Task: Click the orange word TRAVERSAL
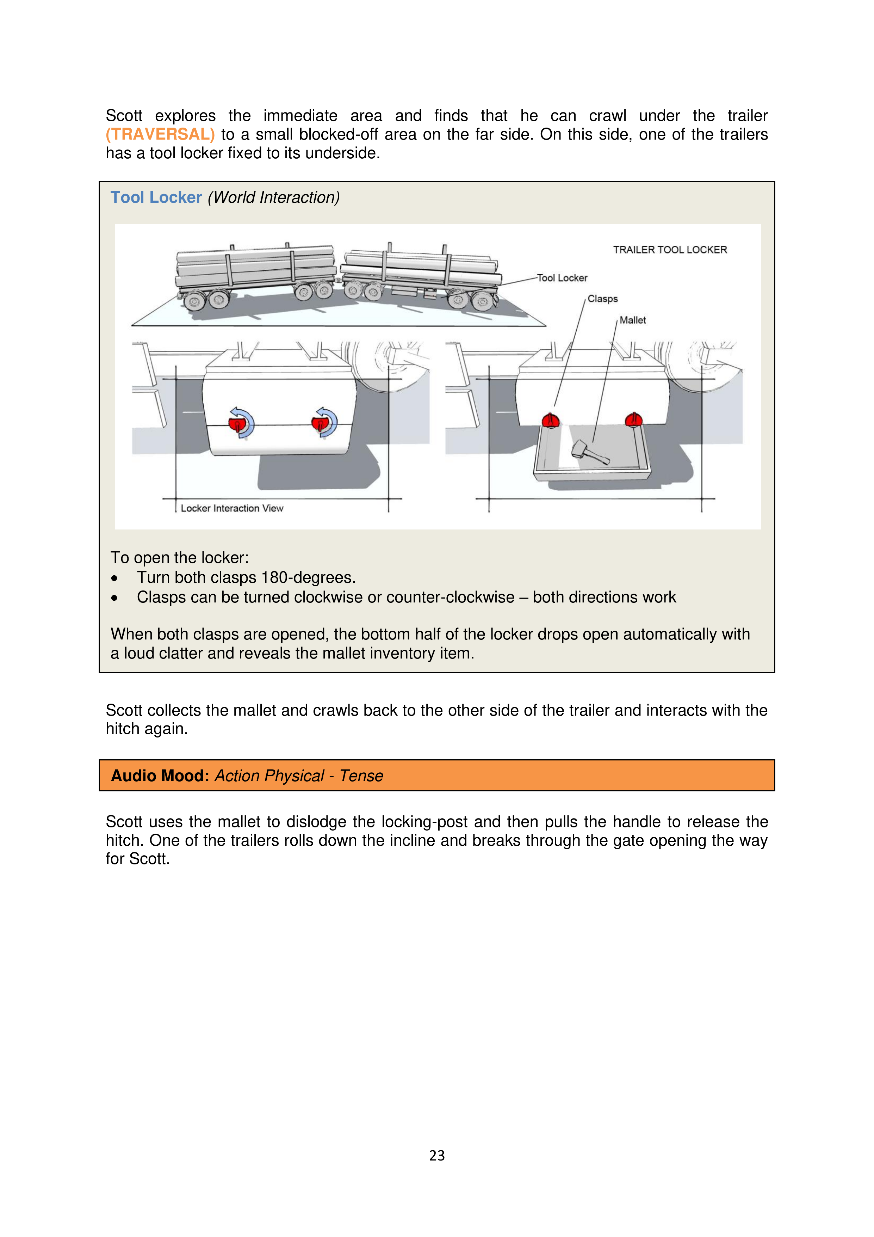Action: click(x=160, y=134)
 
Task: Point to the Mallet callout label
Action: click(x=632, y=320)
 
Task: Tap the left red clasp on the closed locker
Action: click(x=237, y=423)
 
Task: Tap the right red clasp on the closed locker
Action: click(x=321, y=422)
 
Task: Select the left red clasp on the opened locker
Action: click(x=550, y=420)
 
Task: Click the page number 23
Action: click(x=437, y=1155)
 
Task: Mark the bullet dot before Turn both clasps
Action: click(x=114, y=578)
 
